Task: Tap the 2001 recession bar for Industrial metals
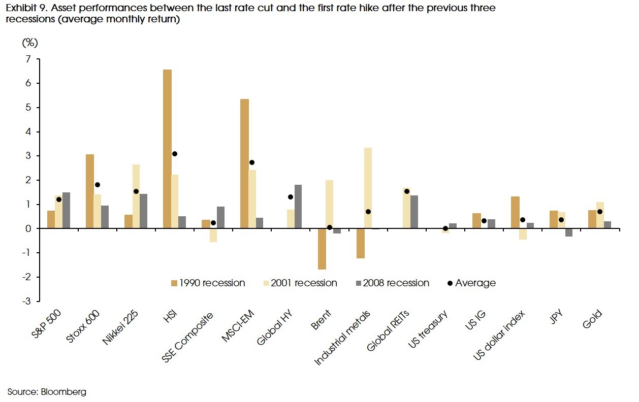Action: [368, 188]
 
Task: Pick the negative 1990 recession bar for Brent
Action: [322, 249]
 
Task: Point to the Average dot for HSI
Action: [175, 154]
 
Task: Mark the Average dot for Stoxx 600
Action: [98, 185]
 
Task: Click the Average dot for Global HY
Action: [291, 197]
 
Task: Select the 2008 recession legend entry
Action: [391, 283]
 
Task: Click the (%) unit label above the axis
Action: [29, 43]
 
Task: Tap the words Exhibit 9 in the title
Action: [24, 8]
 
